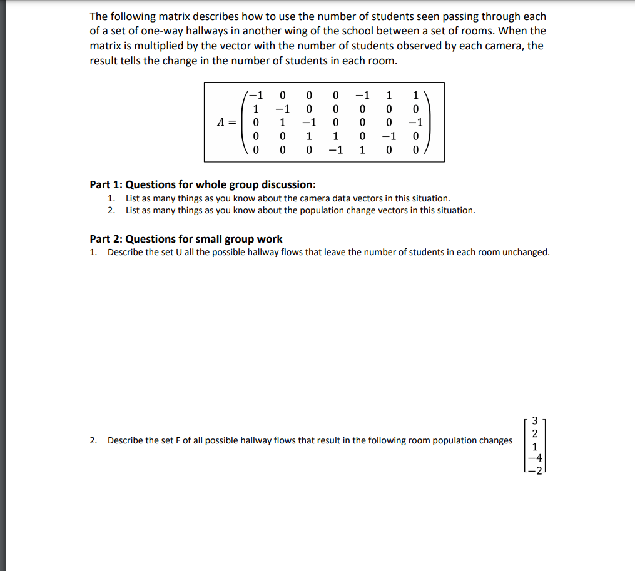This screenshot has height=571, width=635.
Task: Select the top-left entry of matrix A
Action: pos(255,96)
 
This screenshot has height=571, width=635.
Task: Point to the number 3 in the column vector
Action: pos(534,420)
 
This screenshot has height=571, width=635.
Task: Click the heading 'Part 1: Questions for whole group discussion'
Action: pos(203,184)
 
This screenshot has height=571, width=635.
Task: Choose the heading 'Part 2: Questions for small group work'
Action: pos(186,239)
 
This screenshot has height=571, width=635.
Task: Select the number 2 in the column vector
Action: pos(534,433)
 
